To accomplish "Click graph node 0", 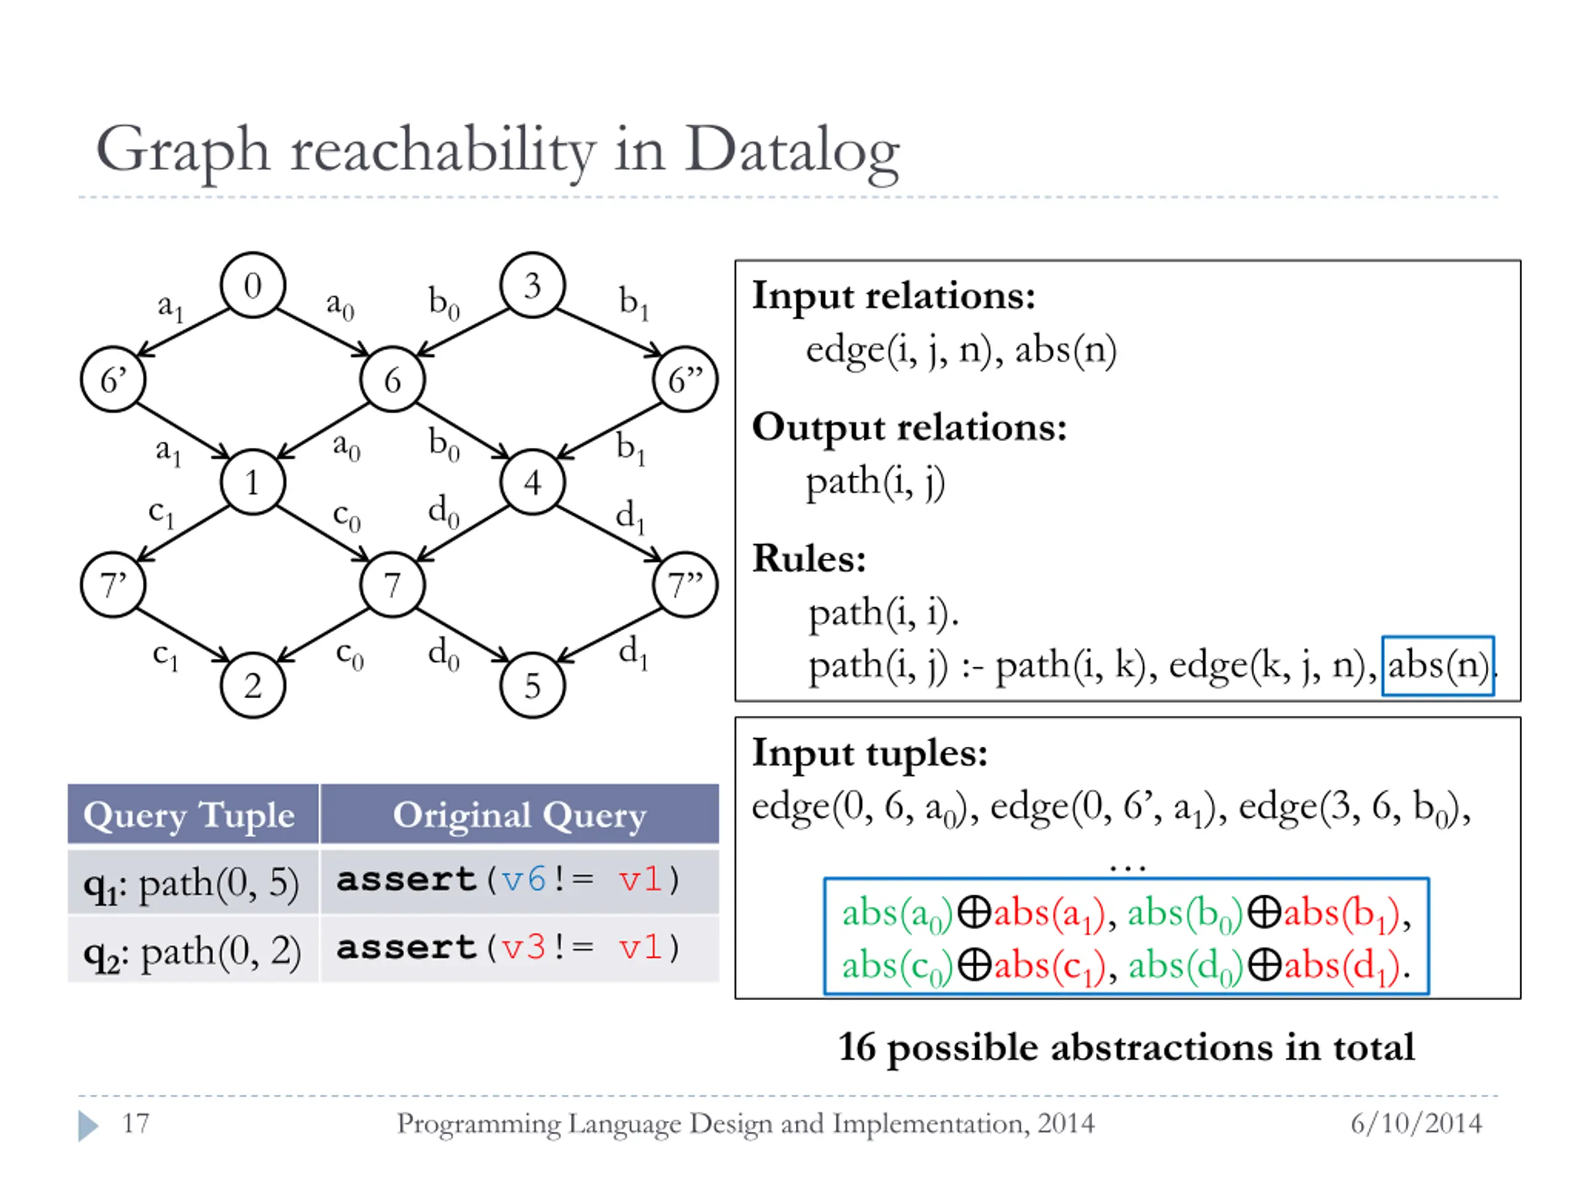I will point(253,285).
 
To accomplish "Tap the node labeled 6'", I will point(113,380).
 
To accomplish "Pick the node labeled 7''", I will point(685,585).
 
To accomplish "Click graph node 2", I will point(253,686).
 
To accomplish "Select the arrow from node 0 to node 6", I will point(322,332).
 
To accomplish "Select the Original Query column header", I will point(519,814).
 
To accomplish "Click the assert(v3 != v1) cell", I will point(508,948).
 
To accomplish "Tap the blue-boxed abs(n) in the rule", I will point(1437,665).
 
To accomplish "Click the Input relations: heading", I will point(893,295).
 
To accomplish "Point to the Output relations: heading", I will point(909,427).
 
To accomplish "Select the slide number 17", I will point(136,1123).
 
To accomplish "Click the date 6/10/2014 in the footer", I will point(1416,1123).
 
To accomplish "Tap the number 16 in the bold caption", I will point(856,1047).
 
